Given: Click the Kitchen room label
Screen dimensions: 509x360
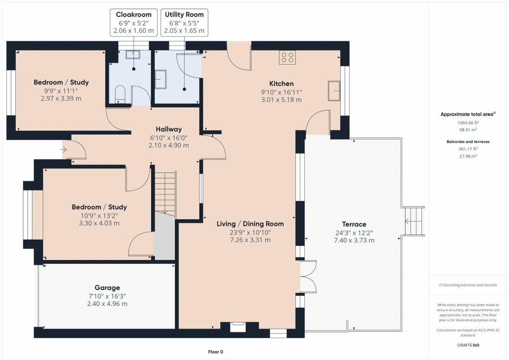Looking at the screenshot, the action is [x=281, y=84].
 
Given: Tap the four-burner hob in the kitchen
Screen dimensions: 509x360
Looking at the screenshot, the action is [x=287, y=58].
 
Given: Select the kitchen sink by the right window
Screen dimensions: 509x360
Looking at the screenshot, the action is [x=334, y=90].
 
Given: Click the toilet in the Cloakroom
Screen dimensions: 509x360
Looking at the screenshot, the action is [x=120, y=93].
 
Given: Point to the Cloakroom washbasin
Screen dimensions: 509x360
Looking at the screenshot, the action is [x=133, y=54].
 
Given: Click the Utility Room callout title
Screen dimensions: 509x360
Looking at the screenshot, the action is [x=184, y=14].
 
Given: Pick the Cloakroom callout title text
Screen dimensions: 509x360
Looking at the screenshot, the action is [x=134, y=14].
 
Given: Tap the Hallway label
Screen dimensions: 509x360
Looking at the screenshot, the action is [x=169, y=129].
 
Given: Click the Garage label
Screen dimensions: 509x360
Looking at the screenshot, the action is [x=107, y=287].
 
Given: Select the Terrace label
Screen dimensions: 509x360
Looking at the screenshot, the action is [x=354, y=224].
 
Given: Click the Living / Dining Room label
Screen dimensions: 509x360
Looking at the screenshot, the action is [x=251, y=224].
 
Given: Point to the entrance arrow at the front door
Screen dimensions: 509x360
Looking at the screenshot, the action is [x=63, y=150].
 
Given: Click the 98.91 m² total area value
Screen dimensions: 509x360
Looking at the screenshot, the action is [x=467, y=129].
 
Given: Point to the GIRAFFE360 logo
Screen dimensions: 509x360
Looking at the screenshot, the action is [x=468, y=345].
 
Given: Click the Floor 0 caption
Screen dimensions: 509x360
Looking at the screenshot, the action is [x=216, y=352].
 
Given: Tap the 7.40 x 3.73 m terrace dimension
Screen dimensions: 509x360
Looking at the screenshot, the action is [x=354, y=241].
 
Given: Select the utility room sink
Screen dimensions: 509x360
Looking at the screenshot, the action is [x=161, y=79].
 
